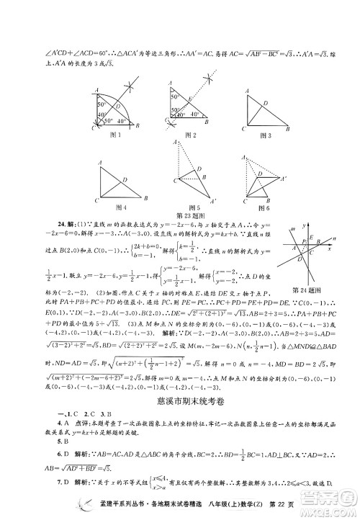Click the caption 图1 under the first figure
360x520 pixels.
(x=113, y=134)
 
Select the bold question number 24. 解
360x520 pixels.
(x=58, y=221)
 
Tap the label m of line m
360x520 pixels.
(x=293, y=231)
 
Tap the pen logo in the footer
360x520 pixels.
(x=89, y=506)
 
